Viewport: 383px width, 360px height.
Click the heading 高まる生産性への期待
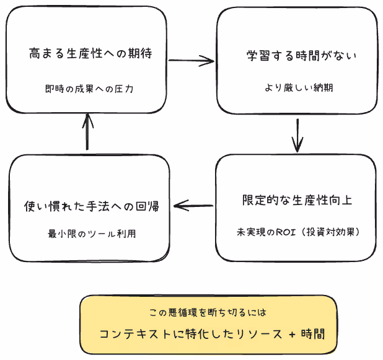[x=90, y=54]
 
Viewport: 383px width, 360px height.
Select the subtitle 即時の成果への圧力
[x=89, y=89]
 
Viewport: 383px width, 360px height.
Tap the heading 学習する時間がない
[x=298, y=56]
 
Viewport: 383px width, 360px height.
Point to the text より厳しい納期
[x=298, y=88]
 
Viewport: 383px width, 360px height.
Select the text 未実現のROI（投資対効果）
[x=297, y=232]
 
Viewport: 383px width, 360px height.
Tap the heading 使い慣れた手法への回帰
[x=90, y=205]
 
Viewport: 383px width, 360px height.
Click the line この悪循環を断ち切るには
[x=208, y=313]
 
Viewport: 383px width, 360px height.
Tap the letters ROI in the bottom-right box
[x=284, y=232]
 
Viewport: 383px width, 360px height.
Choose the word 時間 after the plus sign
[x=312, y=333]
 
